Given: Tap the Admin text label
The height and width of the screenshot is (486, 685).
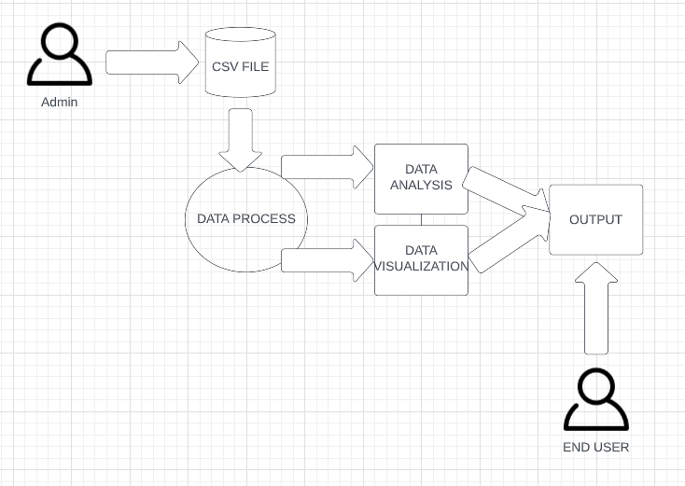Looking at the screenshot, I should (60, 102).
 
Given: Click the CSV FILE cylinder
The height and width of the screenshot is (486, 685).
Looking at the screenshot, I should (240, 62).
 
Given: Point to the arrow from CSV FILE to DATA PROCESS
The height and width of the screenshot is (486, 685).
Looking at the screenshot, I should (241, 139).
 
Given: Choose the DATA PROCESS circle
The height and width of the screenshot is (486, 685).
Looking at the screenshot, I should (245, 219).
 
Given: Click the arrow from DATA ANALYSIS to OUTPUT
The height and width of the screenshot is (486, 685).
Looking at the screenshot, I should (505, 192).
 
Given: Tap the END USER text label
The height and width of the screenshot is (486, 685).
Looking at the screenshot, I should (595, 447).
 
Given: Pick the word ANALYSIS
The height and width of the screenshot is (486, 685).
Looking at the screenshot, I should (421, 185).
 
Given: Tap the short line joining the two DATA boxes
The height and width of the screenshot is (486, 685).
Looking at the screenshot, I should (421, 220).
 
